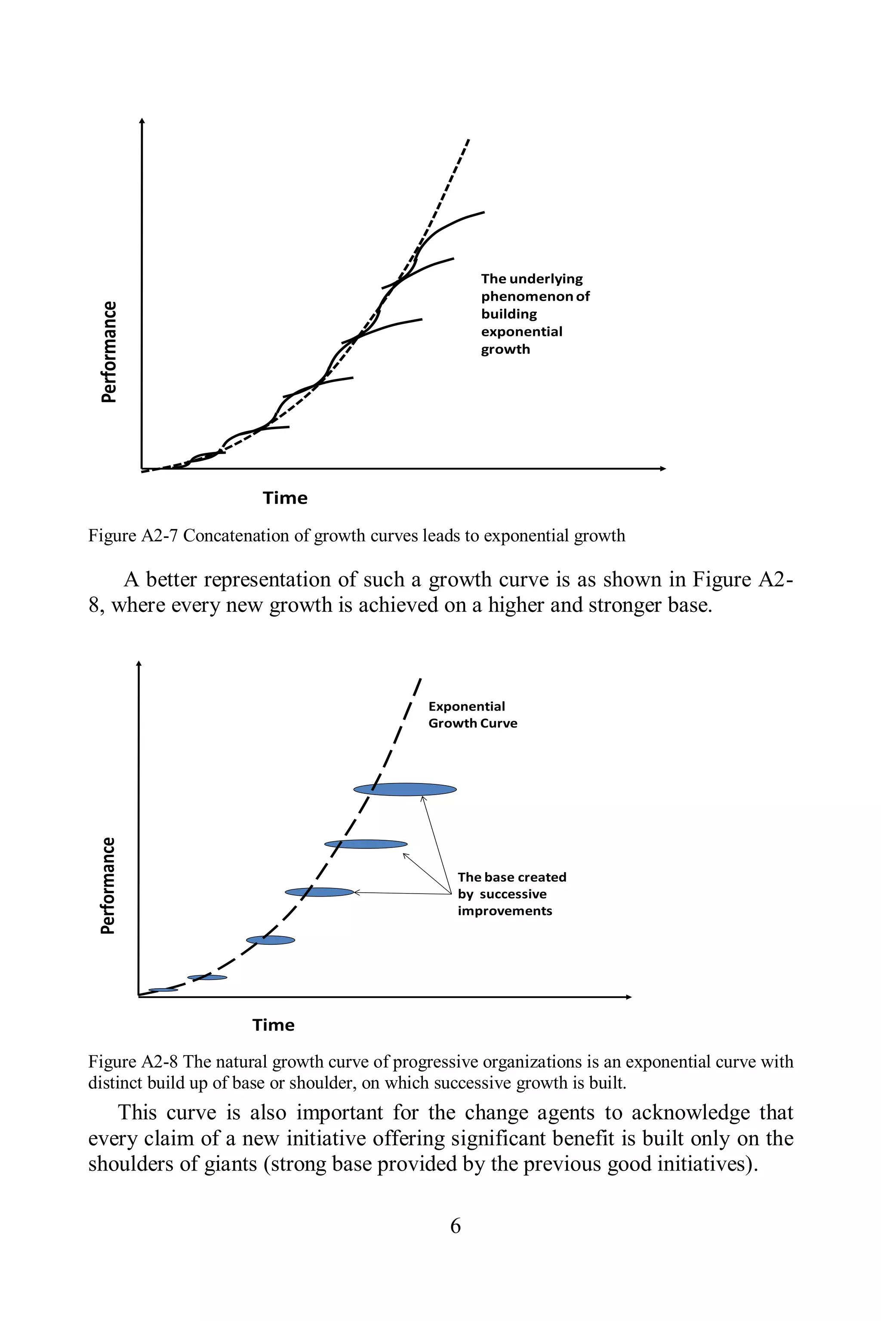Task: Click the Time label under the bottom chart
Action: (x=273, y=1025)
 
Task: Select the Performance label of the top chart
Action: (x=108, y=352)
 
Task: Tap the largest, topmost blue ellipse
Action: (x=404, y=789)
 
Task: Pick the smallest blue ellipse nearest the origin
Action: (x=163, y=989)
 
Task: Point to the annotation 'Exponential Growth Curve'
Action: (x=472, y=714)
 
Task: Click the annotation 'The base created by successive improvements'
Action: (x=511, y=894)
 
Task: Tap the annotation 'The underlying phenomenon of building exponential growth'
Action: (x=534, y=313)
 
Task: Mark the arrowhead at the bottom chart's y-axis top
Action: (x=139, y=664)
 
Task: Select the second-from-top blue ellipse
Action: (x=366, y=844)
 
